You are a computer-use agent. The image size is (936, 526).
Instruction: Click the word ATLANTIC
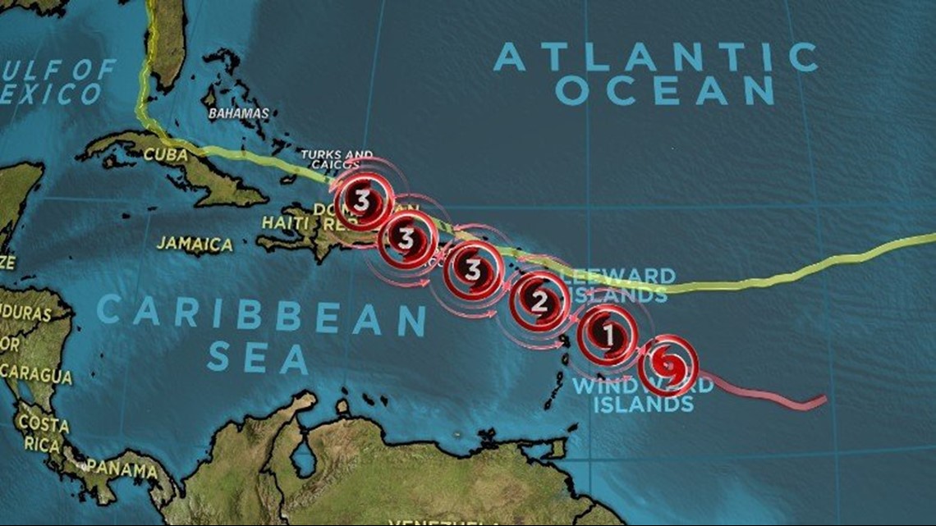[x=656, y=58]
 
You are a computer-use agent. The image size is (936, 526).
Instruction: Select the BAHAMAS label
[x=238, y=113]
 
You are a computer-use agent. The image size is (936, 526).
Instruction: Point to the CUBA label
[x=165, y=154]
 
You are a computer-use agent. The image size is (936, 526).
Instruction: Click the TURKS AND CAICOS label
[x=337, y=159]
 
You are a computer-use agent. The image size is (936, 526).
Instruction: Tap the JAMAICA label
[x=195, y=244]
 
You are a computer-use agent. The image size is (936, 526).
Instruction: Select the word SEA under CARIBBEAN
[x=258, y=359]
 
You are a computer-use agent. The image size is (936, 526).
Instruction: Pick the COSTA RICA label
[x=43, y=432]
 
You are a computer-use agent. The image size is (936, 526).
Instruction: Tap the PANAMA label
[x=122, y=469]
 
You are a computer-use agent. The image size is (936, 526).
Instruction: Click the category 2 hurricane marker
[x=539, y=302]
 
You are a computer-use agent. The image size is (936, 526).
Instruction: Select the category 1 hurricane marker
[x=608, y=334]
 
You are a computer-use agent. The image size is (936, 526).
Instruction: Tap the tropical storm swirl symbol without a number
[x=668, y=364]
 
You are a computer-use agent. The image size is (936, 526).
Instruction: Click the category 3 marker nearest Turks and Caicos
[x=363, y=199]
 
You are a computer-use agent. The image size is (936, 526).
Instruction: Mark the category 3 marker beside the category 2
[x=473, y=269]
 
